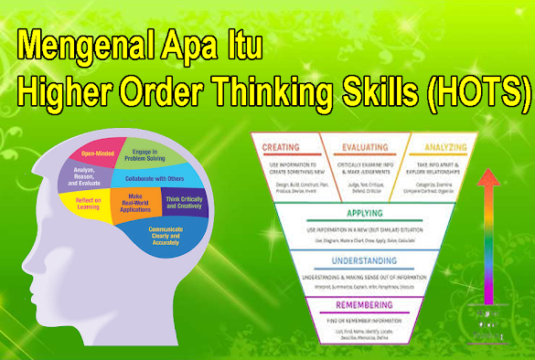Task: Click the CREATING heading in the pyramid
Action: pyautogui.click(x=283, y=148)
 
